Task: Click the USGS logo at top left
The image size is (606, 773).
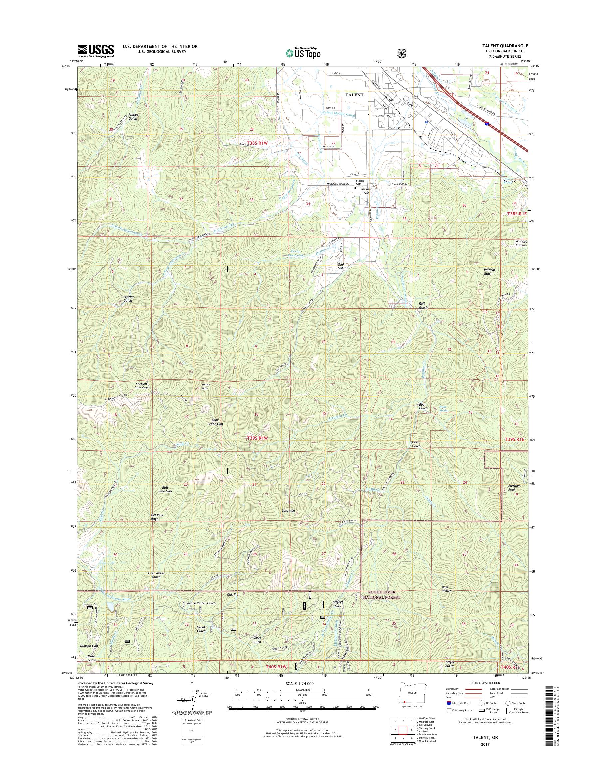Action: coord(96,51)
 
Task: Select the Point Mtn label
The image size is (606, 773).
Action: coord(206,386)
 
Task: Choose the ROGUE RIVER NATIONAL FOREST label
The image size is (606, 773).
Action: coord(384,595)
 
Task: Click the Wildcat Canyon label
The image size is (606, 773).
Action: coord(521,243)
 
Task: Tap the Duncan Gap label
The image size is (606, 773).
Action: coord(89,646)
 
